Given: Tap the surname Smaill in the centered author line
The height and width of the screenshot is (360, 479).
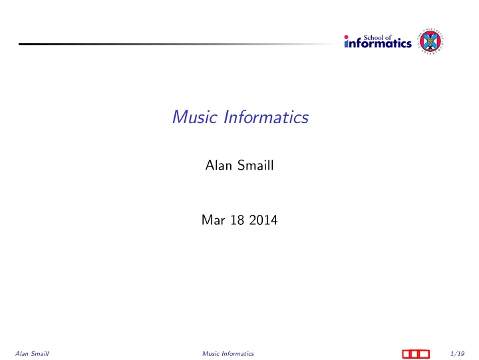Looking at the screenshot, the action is pos(255,165).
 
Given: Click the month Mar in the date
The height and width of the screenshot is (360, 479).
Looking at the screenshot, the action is pos(214,220).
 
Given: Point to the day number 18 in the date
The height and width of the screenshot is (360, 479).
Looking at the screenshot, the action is pos(237,220).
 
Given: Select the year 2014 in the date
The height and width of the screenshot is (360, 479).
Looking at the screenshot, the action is pos(263,220).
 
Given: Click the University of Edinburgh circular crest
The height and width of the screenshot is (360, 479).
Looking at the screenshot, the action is pos(430,41).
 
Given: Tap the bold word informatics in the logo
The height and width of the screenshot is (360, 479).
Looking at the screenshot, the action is pos(378,43).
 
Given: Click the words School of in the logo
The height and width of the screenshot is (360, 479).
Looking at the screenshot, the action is pos(377,37).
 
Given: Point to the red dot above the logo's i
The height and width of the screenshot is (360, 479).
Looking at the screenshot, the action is pos(346,37).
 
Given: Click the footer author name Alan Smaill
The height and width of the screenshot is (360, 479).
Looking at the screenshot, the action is pos(32,354).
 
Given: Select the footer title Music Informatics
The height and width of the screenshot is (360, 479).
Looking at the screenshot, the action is pos(228,354).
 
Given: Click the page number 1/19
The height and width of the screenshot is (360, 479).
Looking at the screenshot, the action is pos(457,354).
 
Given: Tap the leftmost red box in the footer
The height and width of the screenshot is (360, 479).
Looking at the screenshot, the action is pos(406,354).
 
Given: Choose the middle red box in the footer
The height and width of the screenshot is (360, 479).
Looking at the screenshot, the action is pos(415,354).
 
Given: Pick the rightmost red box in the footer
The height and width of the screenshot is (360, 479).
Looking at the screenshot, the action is pos(424,354).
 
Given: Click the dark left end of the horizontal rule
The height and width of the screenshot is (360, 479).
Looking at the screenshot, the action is pos(19,45).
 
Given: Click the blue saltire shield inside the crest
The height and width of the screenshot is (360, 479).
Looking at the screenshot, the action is pos(430,42).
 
